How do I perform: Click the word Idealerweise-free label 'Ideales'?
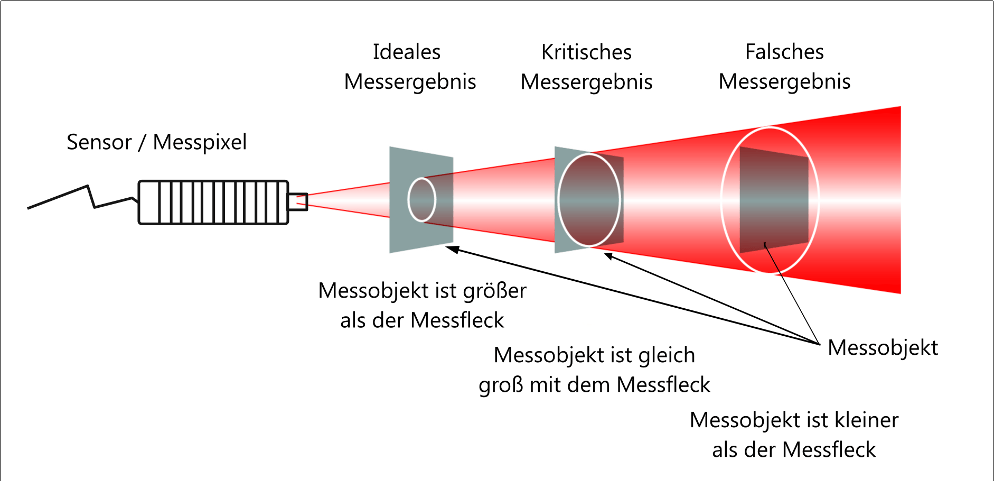(406, 52)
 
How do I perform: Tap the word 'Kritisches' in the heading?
(586, 52)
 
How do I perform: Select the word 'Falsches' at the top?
(784, 52)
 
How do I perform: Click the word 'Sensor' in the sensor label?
(99, 142)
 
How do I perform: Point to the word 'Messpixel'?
(200, 142)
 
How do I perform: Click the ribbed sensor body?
(213, 202)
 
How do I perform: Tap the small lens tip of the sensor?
(297, 201)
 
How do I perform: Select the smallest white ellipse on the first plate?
(421, 200)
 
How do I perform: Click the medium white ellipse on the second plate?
(588, 200)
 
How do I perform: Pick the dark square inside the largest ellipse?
(774, 200)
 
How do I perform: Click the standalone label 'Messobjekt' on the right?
(883, 348)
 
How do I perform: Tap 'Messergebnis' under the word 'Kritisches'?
(586, 82)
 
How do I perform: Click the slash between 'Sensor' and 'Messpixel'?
(142, 142)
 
